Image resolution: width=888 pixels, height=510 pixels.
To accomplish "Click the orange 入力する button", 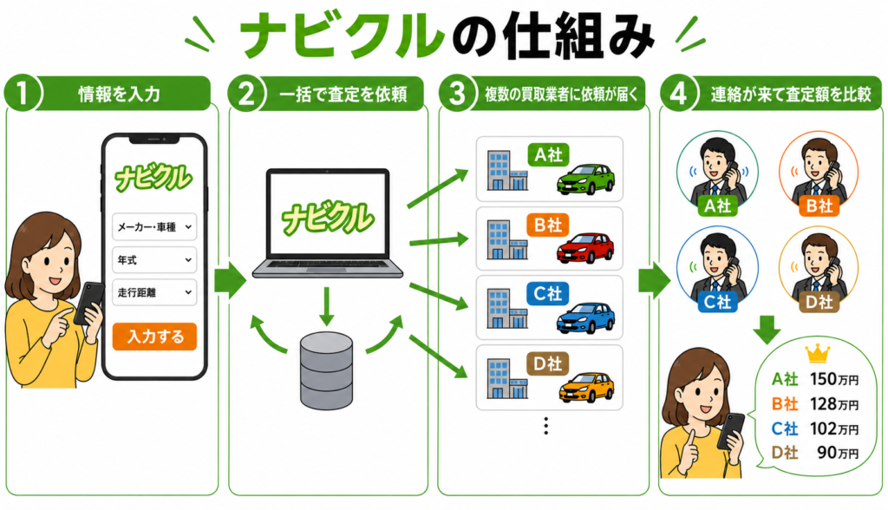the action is click(154, 337).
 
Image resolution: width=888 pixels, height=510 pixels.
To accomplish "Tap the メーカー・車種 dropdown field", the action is click(154, 226).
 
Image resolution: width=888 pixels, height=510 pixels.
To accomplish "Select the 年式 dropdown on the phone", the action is click(154, 260).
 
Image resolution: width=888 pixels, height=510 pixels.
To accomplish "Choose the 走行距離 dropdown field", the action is click(154, 292).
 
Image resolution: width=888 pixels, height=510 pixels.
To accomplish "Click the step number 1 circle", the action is click(23, 94).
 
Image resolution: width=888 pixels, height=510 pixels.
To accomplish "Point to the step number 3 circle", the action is click(456, 94).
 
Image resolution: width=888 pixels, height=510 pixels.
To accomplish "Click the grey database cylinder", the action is click(326, 371).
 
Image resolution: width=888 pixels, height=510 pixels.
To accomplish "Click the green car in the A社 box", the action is click(585, 180).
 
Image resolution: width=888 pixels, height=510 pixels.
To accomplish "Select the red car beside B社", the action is click(585, 248).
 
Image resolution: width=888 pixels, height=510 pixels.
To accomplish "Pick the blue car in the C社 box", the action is click(585, 318).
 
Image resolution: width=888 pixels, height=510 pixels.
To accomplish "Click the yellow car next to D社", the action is click(586, 388).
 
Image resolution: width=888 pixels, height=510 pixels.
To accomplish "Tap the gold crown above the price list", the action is click(818, 354).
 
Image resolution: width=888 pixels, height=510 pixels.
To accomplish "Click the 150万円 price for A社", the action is click(834, 379).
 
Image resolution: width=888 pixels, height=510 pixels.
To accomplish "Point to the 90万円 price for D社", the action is click(839, 453).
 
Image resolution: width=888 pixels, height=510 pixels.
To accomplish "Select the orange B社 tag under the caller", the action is click(819, 206).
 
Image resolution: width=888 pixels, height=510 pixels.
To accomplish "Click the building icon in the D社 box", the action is click(507, 378).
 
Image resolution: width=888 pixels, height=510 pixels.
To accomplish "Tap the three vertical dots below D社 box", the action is click(546, 426).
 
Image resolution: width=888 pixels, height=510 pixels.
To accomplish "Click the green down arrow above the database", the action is click(326, 306).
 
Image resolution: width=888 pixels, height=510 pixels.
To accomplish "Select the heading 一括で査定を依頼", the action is click(343, 94).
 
